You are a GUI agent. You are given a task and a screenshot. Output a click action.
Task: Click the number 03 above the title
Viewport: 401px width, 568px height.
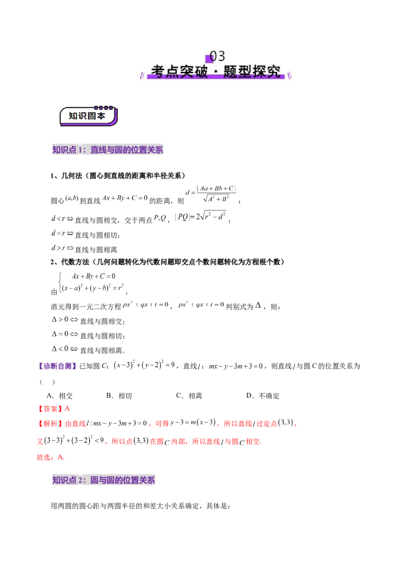click(218, 56)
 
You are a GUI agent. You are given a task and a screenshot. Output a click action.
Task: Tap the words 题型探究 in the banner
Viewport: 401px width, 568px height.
click(254, 71)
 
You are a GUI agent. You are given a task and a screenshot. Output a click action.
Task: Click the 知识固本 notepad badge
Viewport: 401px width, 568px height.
click(88, 116)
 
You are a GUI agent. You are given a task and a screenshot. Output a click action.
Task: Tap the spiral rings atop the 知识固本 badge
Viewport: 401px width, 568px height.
click(104, 107)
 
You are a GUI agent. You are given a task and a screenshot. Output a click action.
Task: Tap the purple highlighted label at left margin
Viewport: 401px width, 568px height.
click(57, 367)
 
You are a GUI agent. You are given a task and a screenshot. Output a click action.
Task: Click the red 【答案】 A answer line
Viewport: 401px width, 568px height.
click(55, 409)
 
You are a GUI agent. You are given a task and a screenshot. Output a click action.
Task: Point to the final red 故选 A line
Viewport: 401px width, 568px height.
click(51, 457)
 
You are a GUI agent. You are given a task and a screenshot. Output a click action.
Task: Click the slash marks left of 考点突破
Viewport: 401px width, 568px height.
click(141, 74)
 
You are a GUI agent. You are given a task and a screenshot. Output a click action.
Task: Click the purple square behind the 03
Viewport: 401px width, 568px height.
click(210, 59)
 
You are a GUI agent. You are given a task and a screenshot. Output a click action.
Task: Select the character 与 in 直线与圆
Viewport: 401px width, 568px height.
click(110, 150)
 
